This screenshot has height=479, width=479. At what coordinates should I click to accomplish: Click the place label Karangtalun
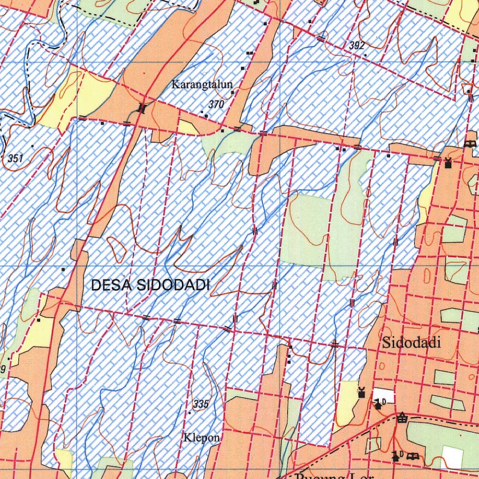[x=202, y=85]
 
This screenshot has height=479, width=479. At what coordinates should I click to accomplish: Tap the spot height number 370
[x=216, y=105]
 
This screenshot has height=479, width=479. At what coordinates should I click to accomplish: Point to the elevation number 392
[x=356, y=46]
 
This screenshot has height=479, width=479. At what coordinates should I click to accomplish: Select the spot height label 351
[x=15, y=159]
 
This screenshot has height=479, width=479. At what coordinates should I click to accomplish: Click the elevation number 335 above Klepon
[x=201, y=404]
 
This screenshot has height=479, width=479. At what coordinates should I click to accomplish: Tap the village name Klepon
[x=202, y=438]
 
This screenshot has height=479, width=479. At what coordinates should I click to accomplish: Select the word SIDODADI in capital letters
[x=174, y=285]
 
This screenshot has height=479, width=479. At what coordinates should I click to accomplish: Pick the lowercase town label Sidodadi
[x=411, y=342]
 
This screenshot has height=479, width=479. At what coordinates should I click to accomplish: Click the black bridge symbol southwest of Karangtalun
[x=141, y=109]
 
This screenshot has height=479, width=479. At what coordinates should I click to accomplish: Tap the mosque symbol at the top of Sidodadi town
[x=448, y=163]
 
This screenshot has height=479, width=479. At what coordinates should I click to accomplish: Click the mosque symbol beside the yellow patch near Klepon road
[x=361, y=392]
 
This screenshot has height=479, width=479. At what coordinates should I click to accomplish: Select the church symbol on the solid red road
[x=402, y=418]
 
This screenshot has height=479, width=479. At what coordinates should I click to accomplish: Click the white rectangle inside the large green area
[x=452, y=457]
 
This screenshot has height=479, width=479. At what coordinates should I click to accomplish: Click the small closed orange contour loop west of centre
[x=116, y=249]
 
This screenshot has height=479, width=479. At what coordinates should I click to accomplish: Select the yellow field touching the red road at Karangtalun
[x=187, y=127]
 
